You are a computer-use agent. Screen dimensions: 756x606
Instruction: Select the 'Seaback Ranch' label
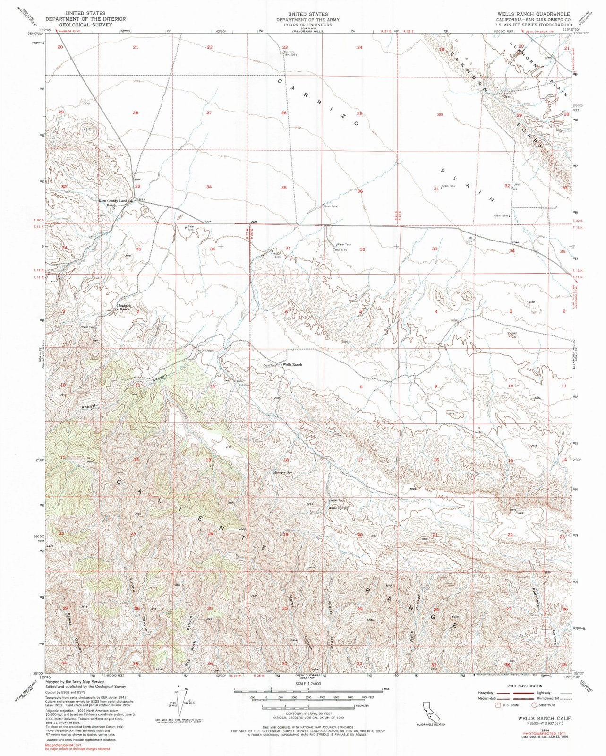click(x=124, y=307)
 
